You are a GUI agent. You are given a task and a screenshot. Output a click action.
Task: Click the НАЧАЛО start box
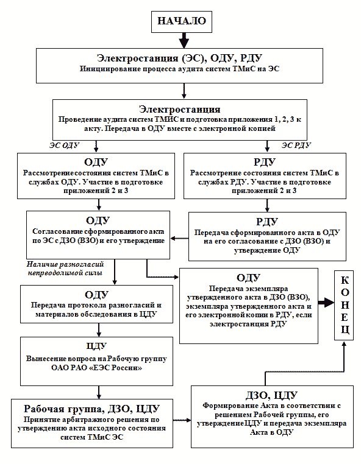tap(181, 21)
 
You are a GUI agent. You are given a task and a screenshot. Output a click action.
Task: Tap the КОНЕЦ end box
tap(344, 305)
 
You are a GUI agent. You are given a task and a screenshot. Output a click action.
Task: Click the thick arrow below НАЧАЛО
tap(184, 40)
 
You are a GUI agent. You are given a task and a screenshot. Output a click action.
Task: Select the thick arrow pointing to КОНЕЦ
tap(326, 303)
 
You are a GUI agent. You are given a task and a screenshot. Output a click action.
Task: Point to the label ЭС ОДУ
tap(64, 146)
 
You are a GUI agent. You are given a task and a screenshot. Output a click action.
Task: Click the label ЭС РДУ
tap(296, 146)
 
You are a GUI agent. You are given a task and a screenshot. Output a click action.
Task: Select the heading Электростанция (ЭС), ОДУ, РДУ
tap(180, 58)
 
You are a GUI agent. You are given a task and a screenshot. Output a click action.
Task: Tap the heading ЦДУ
tap(96, 346)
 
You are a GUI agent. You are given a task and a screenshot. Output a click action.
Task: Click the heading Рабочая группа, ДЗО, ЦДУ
tap(92, 409)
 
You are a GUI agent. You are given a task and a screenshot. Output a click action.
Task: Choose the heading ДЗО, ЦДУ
tap(271, 395)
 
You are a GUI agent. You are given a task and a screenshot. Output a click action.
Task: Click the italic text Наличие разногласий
tap(65, 264)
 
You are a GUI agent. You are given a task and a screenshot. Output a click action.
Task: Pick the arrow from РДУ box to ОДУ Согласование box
tap(179, 238)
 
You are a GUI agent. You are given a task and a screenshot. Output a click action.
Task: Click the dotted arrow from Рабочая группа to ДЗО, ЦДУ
tap(182, 420)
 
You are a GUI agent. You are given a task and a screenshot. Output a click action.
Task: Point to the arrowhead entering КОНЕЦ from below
tap(344, 343)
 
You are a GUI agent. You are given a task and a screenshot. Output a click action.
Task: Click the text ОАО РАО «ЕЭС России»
tap(96, 368)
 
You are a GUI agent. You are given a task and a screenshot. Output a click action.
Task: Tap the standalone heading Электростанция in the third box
tap(180, 109)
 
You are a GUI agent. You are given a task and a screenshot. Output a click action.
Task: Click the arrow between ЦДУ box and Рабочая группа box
tap(99, 392)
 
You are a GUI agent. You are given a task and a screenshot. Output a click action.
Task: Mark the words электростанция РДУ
tap(248, 324)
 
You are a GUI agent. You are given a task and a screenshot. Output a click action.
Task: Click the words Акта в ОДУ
tap(272, 432)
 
